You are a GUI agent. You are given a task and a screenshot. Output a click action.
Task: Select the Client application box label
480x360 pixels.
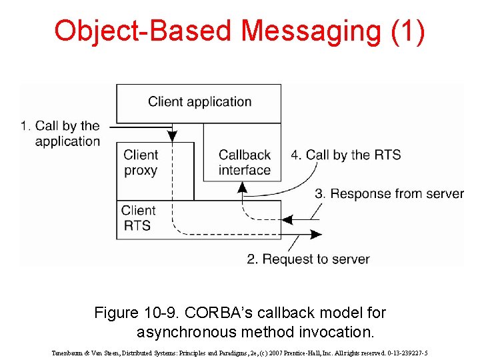[x=199, y=102]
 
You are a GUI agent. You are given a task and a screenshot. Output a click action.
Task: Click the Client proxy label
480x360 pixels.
[x=141, y=163]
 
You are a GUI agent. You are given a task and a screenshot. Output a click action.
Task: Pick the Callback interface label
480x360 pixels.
[x=244, y=163]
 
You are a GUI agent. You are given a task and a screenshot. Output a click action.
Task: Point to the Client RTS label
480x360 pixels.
[x=138, y=218]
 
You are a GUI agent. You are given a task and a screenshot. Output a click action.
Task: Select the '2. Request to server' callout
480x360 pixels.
[x=308, y=259]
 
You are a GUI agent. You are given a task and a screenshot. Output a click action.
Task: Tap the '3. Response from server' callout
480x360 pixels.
[x=389, y=194]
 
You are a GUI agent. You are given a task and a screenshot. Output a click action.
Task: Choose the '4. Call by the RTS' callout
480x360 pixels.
[x=345, y=155]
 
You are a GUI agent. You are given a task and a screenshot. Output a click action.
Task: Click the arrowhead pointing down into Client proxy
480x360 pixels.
[x=173, y=136]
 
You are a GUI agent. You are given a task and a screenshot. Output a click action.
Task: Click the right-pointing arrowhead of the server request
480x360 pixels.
[x=316, y=234]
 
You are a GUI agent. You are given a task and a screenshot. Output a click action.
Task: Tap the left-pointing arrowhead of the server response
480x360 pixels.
[x=289, y=219]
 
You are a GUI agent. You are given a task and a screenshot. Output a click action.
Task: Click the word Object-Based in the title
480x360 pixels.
[x=143, y=31]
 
